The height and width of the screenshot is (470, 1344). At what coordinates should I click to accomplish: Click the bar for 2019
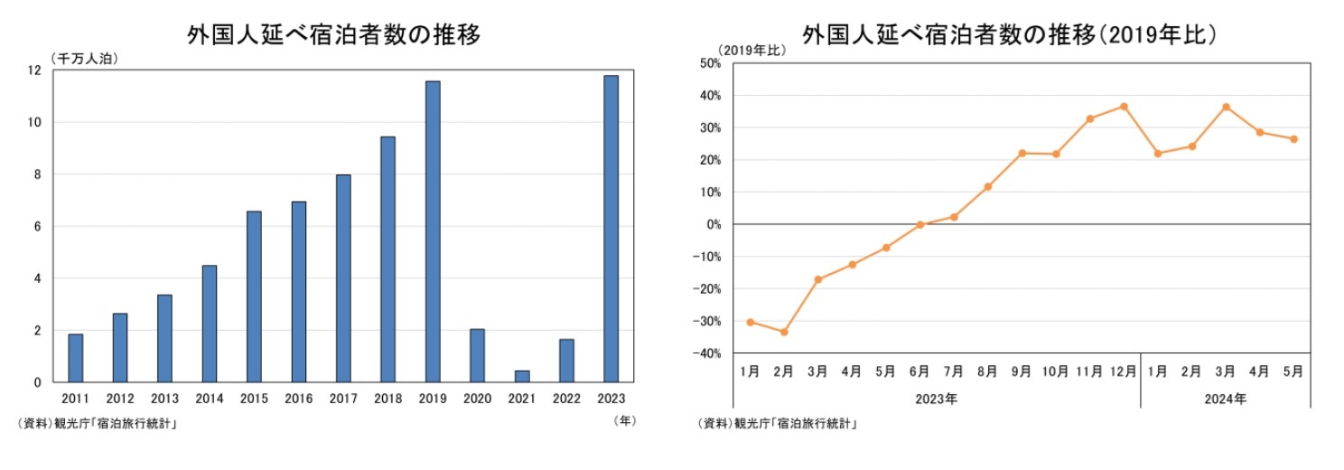(433, 231)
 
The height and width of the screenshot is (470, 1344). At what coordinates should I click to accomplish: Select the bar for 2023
(611, 229)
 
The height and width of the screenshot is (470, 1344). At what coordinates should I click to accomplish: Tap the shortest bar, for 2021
(522, 376)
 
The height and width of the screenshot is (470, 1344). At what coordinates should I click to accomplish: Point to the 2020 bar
(477, 355)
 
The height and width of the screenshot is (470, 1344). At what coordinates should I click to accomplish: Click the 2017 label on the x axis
(343, 399)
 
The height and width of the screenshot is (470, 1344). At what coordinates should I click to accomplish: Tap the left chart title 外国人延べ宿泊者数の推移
(333, 34)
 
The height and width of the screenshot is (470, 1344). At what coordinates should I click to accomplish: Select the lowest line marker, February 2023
(784, 332)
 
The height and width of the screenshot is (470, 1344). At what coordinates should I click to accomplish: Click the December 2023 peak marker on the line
(1124, 106)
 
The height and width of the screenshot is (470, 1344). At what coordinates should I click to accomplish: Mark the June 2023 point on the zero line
(919, 225)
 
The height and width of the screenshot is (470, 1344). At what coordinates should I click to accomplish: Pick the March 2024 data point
(1226, 107)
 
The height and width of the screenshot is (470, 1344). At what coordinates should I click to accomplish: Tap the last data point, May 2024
(1293, 139)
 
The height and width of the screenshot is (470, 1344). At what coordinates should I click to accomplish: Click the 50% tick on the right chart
(707, 63)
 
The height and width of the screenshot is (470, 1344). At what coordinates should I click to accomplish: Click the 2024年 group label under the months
(1226, 399)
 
